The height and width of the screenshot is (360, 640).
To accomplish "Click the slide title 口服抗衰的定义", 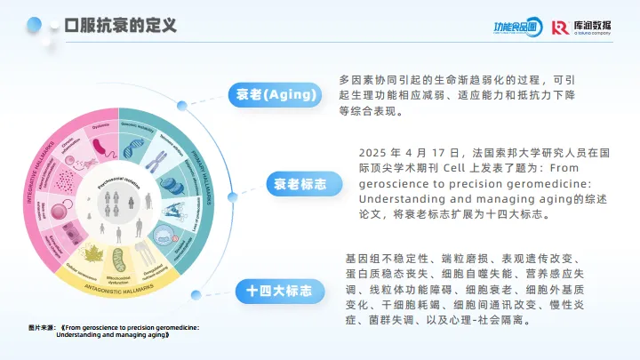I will [121, 25].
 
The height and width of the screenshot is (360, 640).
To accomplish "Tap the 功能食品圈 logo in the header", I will [516, 28].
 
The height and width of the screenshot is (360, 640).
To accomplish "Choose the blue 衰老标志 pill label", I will [297, 184].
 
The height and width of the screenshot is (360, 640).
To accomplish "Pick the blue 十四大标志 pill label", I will [279, 290].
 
